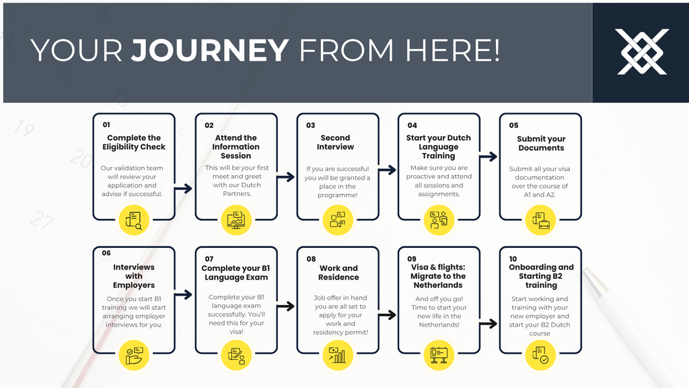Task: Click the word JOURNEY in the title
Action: click(210, 51)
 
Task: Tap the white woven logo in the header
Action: click(643, 52)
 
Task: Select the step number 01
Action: click(106, 125)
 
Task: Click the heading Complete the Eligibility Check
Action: click(134, 142)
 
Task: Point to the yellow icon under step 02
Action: click(235, 220)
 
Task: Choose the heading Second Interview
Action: click(335, 142)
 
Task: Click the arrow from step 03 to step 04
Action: click(387, 170)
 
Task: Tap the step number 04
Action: click(412, 125)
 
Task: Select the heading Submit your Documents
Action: click(541, 143)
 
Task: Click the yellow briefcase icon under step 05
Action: click(540, 220)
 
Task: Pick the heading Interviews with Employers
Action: click(134, 276)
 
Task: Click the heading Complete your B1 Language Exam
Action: click(235, 273)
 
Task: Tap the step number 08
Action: click(311, 259)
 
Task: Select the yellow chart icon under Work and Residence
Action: click(337, 354)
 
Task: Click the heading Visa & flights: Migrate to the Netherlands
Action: click(438, 276)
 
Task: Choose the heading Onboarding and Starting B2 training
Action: click(541, 276)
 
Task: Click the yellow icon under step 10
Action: click(540, 354)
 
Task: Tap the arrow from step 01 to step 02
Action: click(184, 189)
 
